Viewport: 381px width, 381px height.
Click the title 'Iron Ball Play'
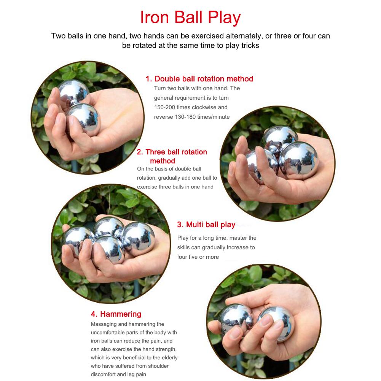[x=190, y=18]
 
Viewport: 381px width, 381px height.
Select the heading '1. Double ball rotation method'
[x=199, y=79]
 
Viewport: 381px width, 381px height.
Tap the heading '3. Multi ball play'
[x=206, y=225]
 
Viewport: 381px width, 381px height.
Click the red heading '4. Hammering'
[x=116, y=314]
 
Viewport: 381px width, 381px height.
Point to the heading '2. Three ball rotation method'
[x=172, y=156]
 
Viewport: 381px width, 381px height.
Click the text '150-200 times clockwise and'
[x=190, y=107]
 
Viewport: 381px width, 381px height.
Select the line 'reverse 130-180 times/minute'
[x=191, y=117]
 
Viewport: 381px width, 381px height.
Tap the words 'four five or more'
[x=198, y=257]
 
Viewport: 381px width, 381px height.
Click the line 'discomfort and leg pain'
[x=118, y=375]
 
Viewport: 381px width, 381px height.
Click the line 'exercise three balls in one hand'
[x=175, y=187]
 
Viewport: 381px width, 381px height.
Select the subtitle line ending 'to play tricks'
[x=190, y=45]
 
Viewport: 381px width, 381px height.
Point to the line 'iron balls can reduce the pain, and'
[x=131, y=341]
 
